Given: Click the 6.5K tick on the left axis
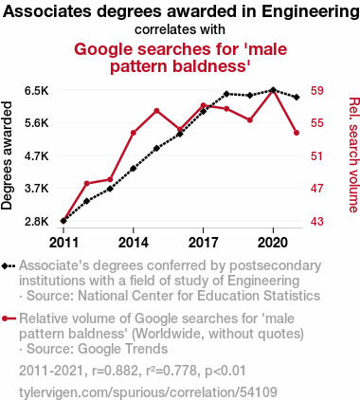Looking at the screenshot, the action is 37,91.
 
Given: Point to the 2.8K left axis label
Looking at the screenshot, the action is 37,221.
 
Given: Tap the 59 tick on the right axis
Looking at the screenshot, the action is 317,91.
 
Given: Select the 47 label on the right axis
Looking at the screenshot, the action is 317,189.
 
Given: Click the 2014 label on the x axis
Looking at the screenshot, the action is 134,243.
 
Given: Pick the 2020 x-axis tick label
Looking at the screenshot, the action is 273,243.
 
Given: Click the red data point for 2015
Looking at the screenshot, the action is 156,111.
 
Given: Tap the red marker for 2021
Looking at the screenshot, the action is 297,133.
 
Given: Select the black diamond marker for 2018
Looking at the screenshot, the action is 226,94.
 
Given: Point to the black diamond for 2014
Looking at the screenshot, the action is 134,169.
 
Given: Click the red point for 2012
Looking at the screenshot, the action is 87,183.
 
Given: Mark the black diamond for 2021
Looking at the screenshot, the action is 297,97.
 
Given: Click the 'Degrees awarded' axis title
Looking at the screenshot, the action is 7,155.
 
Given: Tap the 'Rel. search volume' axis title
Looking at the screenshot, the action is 353,155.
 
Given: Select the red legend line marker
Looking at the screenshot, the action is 9,318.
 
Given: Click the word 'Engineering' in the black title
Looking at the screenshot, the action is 311,12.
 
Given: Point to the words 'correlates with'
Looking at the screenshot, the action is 180,29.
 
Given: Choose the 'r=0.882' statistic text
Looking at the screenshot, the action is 115,371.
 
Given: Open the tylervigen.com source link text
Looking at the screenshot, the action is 148,392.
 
